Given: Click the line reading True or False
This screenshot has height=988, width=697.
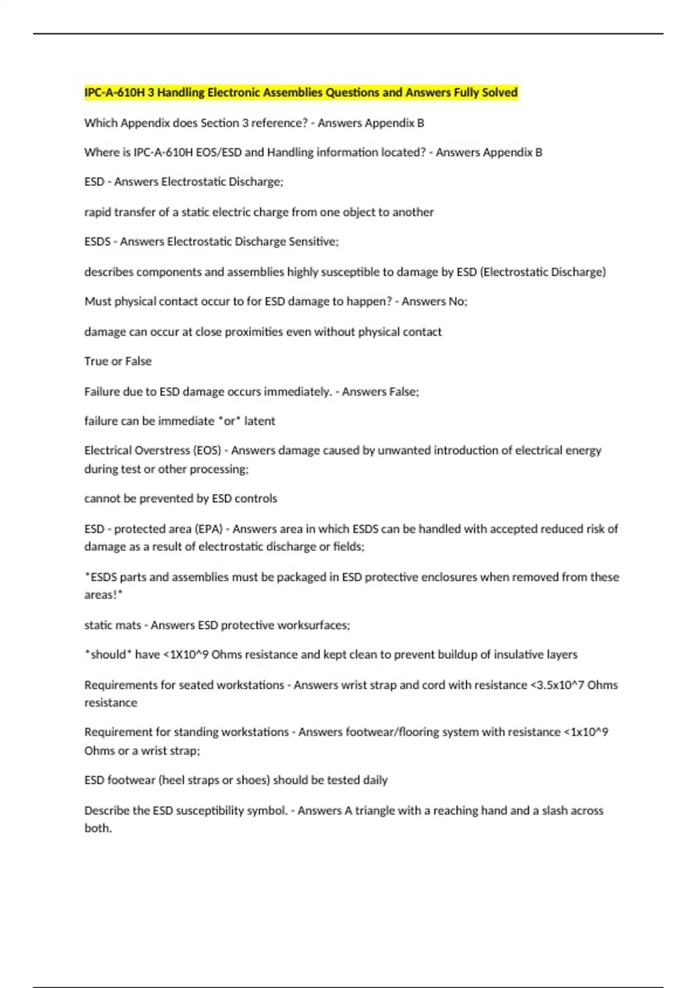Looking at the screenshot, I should (x=118, y=361).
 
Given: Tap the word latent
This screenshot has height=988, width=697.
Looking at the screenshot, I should (x=260, y=421).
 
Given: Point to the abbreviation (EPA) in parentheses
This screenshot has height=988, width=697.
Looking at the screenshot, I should (x=209, y=529).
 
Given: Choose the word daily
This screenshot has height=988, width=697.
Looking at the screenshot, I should (x=375, y=780).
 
